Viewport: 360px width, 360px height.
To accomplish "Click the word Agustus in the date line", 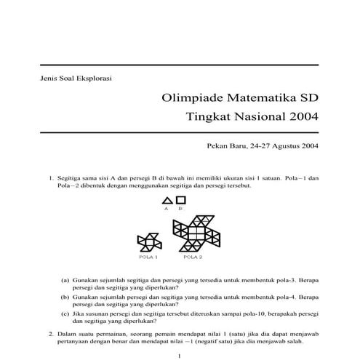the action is [284, 145].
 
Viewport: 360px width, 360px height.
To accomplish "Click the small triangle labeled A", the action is [167, 200].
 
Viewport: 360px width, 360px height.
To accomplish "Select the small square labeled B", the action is [181, 199].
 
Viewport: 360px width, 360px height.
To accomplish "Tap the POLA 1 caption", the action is [148, 257].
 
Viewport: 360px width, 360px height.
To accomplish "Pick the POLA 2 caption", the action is [193, 257].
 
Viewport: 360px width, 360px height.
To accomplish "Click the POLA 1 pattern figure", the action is [148, 243].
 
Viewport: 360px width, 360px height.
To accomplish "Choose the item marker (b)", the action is [65, 297].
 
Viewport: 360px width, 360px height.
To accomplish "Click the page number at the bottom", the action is [179, 355].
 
